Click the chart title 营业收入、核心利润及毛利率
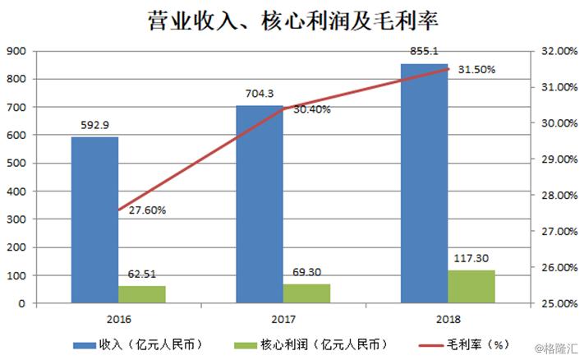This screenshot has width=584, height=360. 292,19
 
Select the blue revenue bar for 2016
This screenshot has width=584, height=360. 94,219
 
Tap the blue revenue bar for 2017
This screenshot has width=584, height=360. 260,205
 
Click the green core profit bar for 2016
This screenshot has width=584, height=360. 142,294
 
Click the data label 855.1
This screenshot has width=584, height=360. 423,52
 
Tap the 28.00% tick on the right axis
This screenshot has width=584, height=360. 555,195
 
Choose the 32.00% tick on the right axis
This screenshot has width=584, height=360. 555,51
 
